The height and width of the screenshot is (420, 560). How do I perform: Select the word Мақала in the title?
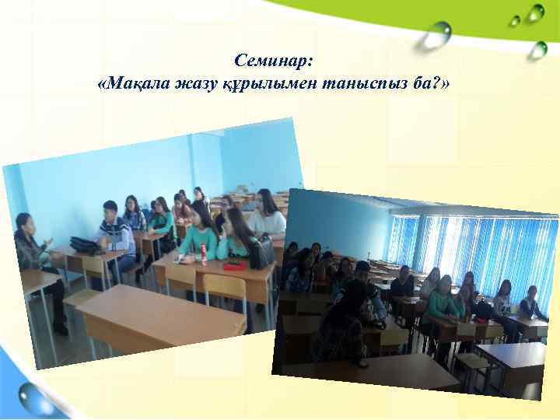[x=133, y=83]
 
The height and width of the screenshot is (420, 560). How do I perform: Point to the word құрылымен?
[x=264, y=83]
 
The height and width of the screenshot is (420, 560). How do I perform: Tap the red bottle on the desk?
[x=205, y=254]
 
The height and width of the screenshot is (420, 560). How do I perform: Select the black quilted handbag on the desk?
[x=261, y=252]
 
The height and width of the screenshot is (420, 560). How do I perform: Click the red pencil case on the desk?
[x=234, y=265]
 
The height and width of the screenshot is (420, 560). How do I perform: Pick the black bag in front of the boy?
[x=85, y=244]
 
